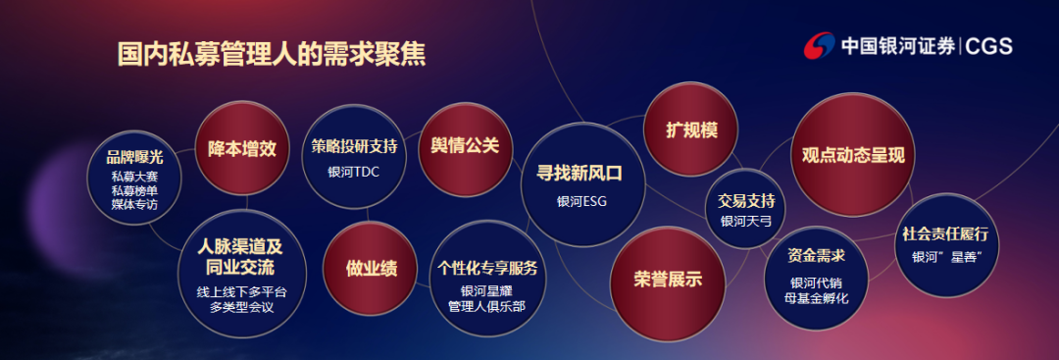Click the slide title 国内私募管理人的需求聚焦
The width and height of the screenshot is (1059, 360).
[271, 55]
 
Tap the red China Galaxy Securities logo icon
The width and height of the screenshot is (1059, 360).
[819, 46]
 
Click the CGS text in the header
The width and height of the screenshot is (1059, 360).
[988, 47]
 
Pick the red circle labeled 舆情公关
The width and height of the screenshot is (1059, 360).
[465, 146]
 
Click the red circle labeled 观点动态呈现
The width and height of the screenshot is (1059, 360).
[852, 155]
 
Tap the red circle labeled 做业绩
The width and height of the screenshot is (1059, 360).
[370, 268]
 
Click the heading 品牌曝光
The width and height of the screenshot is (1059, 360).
[134, 157]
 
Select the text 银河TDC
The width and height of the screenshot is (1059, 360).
[353, 172]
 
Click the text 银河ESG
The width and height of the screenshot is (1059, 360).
[581, 201]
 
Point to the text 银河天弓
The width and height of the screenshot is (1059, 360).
[745, 221]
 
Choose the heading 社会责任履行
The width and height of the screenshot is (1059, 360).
[945, 234]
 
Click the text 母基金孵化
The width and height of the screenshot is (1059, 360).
[816, 298]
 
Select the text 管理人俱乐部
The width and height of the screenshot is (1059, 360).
[486, 306]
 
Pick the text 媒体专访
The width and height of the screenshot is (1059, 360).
[134, 203]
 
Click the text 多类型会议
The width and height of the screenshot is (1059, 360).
[242, 307]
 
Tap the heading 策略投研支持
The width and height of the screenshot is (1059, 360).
[354, 146]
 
